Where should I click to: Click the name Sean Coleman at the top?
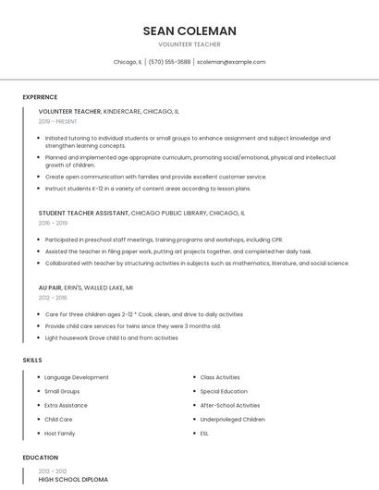tap(189, 31)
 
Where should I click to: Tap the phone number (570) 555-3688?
tap(169, 62)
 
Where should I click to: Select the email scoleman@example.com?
tap(231, 62)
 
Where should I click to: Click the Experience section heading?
tap(40, 97)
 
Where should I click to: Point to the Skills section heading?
tap(31, 360)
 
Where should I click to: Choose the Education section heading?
tap(40, 458)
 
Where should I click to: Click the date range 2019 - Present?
tap(59, 121)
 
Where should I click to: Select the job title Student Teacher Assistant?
tap(83, 213)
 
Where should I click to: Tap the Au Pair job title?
tap(52, 288)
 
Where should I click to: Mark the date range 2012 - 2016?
tap(53, 298)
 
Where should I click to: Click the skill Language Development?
tap(77, 377)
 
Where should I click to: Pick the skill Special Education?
tap(224, 391)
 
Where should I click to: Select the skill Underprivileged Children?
tap(233, 419)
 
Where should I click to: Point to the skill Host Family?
tap(60, 433)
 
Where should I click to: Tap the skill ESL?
tap(205, 433)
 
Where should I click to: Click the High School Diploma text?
tap(73, 480)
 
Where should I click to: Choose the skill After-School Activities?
tap(230, 405)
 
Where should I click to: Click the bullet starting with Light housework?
tap(111, 337)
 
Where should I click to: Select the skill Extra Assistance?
tap(66, 405)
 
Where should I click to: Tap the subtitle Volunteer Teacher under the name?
tap(189, 43)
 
